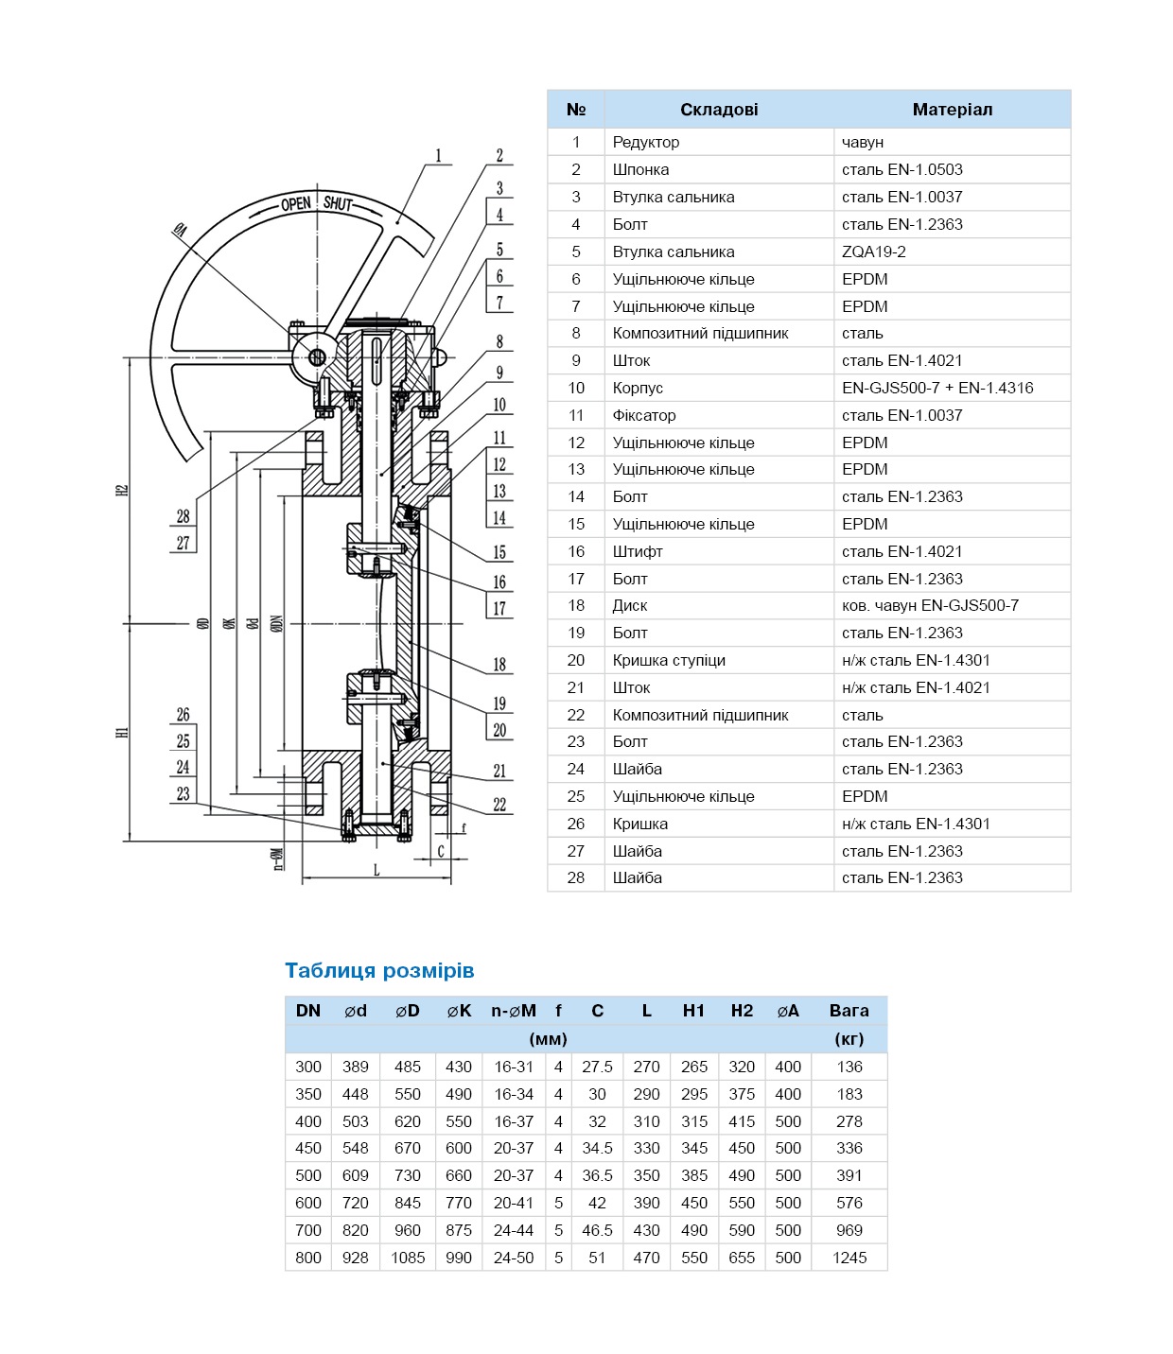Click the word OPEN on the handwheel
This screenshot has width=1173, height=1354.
(296, 203)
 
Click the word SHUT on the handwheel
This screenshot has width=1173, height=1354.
(337, 203)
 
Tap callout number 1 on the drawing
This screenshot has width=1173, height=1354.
(438, 156)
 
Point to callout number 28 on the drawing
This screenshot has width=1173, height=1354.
(183, 516)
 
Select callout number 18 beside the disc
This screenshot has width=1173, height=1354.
(499, 665)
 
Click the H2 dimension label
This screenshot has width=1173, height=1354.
(122, 490)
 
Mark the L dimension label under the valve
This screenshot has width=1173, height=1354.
(376, 870)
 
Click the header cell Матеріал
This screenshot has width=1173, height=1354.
(952, 110)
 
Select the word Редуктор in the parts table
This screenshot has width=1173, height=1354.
(645, 142)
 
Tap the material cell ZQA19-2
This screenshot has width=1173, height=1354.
(873, 252)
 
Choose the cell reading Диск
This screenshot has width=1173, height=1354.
(630, 605)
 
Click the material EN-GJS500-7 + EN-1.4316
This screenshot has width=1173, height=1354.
(937, 388)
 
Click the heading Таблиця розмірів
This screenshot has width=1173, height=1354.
(379, 970)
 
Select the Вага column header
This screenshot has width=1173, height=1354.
(849, 1011)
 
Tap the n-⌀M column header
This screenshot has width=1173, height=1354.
(513, 1011)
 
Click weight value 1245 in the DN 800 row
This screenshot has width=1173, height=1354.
(849, 1258)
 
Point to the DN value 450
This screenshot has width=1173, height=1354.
(308, 1148)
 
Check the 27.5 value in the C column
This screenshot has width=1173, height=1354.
(597, 1067)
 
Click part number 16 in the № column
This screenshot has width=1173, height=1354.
(576, 551)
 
